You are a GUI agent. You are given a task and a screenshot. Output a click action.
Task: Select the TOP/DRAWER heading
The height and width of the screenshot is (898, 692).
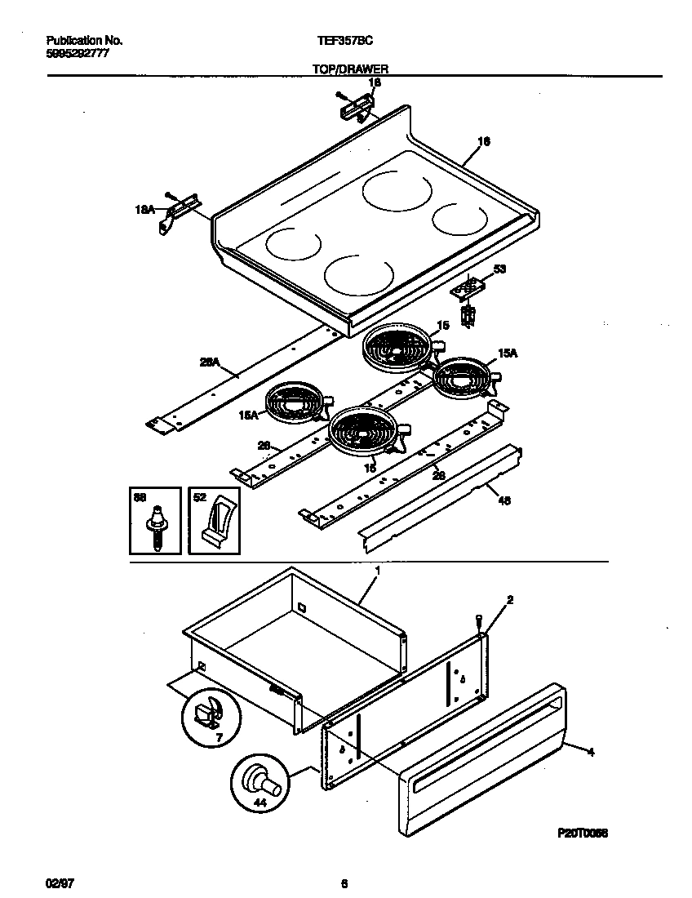[349, 70]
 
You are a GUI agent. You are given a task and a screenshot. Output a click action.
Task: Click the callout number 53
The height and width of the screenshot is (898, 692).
[500, 269]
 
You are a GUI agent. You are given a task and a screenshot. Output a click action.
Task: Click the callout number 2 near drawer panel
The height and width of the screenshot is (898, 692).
[510, 600]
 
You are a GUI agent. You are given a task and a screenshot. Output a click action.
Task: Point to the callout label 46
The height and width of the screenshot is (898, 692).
[503, 502]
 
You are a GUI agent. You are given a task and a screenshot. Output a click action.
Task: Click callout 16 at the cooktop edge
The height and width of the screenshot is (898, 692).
[483, 142]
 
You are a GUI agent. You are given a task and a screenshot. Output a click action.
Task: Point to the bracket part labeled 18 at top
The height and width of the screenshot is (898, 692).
[356, 104]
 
